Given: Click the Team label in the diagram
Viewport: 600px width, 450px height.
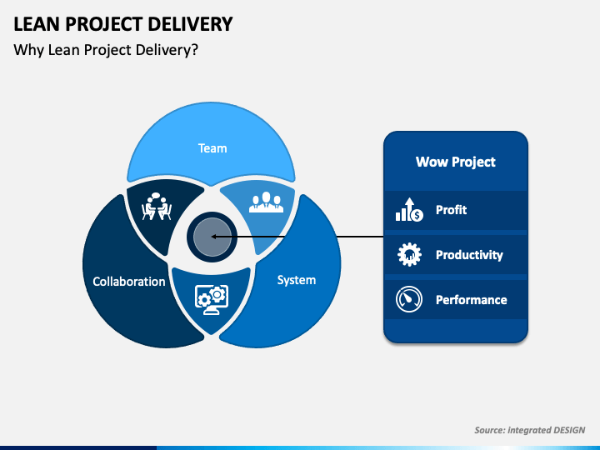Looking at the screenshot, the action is pos(212,148).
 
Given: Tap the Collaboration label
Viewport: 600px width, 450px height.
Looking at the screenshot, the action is pos(129,282).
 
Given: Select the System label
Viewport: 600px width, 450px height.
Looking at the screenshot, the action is pos(297,280).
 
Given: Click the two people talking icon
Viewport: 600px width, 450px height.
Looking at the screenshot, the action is pos(157,207).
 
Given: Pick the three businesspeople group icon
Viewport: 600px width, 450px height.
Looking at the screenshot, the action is pos(267,202).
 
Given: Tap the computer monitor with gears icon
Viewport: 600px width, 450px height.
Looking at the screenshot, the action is pos(212,300).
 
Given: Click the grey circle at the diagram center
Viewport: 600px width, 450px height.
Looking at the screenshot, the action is pos(212,237).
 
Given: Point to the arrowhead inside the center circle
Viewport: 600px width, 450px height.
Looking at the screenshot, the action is pos(214,237).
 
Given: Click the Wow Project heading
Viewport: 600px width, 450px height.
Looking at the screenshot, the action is pos(455,162).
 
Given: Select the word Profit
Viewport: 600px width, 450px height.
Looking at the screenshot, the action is pos(451,210).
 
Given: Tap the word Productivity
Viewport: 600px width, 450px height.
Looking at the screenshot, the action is pos(469,255).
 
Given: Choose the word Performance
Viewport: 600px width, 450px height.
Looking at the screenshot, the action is pos(471,300).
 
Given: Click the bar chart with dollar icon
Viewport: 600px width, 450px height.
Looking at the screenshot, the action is pos(409,210).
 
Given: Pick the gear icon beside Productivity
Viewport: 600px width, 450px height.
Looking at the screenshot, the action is pos(409,254).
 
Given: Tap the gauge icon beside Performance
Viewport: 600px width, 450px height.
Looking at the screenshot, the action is pos(409,299).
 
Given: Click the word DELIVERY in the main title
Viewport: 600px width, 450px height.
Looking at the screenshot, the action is pos(190,24).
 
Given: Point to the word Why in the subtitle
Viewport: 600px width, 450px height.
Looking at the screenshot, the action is pos(28,50).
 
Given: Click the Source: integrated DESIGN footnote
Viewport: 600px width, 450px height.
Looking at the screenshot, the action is pos(530,430).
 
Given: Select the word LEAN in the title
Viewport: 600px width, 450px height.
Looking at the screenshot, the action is pos(37,24).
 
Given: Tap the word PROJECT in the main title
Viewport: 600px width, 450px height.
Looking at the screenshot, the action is pos(103,24).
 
